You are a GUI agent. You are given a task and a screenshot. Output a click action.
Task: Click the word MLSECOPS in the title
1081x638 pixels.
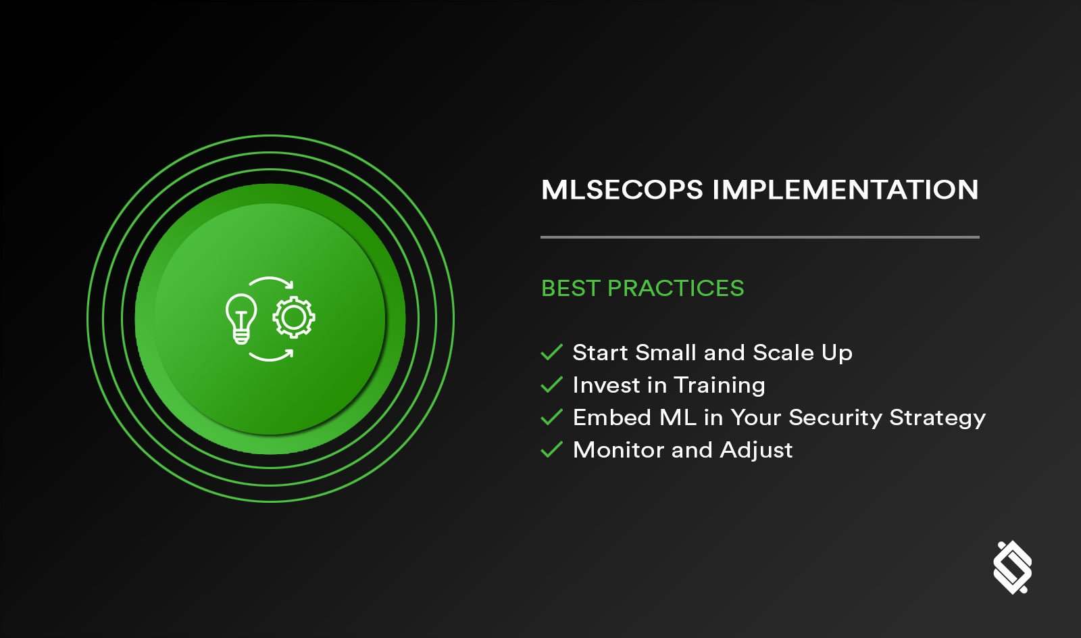tap(622, 190)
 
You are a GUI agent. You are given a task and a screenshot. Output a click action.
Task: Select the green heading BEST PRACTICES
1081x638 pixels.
tap(642, 289)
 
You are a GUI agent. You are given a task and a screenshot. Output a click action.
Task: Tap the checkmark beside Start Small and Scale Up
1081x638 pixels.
tap(552, 352)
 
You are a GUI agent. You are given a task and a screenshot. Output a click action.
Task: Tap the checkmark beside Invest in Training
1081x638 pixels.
tap(552, 385)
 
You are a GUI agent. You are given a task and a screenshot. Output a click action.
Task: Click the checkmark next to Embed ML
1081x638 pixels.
tap(552, 417)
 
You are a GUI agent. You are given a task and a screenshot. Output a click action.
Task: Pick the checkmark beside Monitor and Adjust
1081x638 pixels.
tap(552, 449)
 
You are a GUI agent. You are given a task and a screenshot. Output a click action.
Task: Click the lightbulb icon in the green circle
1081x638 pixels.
tap(241, 318)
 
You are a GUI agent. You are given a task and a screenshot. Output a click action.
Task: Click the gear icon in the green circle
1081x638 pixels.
tap(294, 317)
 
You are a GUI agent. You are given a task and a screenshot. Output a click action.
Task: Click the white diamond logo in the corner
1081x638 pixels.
tap(1012, 567)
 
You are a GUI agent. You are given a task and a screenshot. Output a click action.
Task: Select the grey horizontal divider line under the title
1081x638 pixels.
tap(759, 237)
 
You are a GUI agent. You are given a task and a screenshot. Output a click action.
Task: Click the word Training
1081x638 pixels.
tap(720, 385)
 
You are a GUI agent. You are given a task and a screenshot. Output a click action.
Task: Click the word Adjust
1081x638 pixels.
tap(756, 451)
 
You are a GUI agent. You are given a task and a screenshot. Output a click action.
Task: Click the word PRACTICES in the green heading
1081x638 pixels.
tap(676, 289)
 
